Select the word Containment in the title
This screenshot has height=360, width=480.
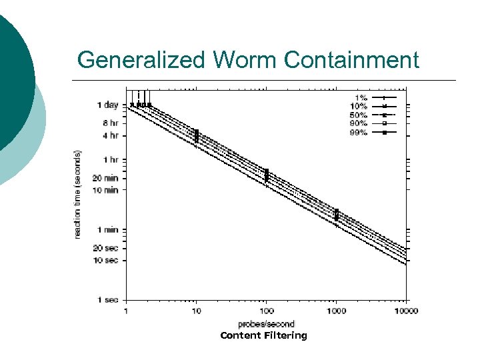click(x=352, y=61)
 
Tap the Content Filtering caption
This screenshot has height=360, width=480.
click(x=263, y=335)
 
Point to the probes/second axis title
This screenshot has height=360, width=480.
click(x=266, y=324)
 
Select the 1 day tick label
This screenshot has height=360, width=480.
click(x=108, y=105)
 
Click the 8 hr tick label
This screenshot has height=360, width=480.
click(x=109, y=123)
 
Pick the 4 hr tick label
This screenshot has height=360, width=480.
click(x=109, y=136)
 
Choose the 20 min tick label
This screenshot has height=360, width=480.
click(x=107, y=178)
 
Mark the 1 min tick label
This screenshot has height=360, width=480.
click(x=108, y=230)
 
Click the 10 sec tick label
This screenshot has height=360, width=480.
click(x=107, y=260)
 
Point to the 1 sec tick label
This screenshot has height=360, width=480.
click(x=109, y=300)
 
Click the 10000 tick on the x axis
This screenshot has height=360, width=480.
click(x=405, y=311)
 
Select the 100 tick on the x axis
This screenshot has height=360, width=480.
click(x=266, y=311)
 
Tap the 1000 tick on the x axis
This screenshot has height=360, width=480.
click(x=336, y=311)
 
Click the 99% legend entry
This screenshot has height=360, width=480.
click(x=359, y=132)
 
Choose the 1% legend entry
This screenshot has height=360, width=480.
click(x=361, y=97)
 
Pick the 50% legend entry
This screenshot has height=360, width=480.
click(x=359, y=115)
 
